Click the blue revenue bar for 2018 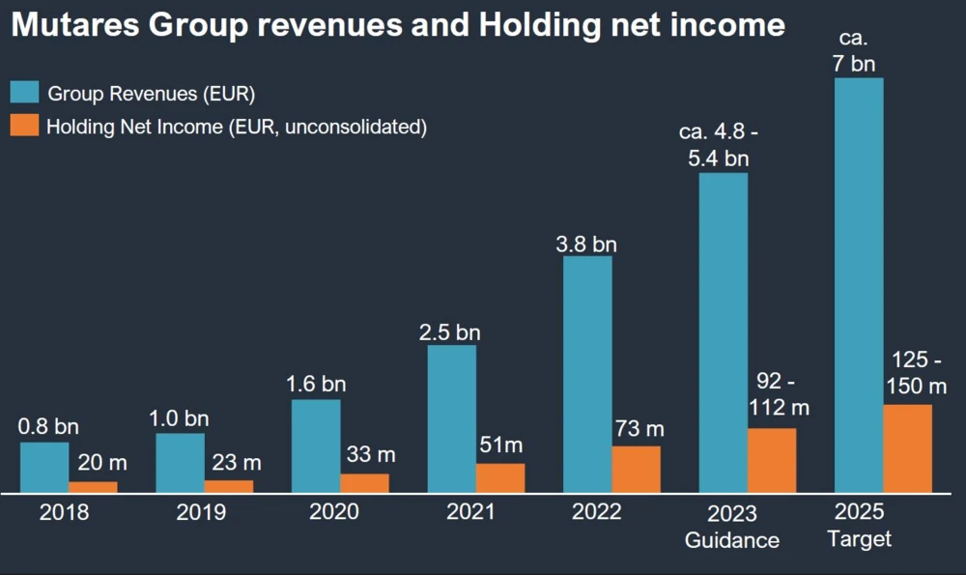pos(44,468)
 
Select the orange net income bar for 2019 pos(229,486)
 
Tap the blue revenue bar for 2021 pos(451,418)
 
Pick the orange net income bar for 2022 pos(637,469)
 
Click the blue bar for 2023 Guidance pos(724,332)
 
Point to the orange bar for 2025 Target pos(908,448)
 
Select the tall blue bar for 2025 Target pos(859,285)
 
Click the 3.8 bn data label pos(587,244)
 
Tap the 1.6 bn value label pos(316,384)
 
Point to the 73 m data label pos(640,428)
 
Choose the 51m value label pos(500,445)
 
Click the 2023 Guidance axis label pos(731,527)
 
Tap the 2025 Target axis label pos(860,527)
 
